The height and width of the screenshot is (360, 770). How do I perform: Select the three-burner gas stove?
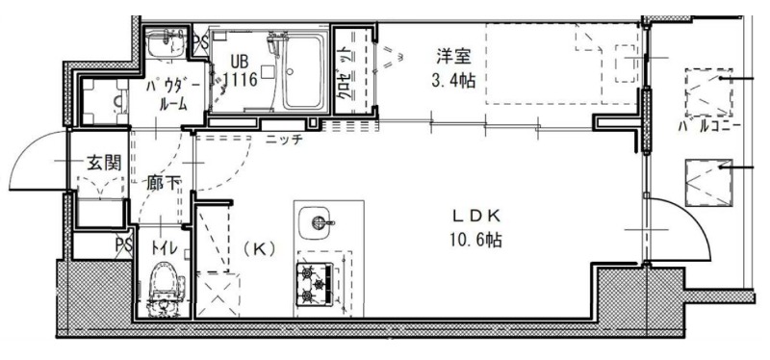pos(315,283)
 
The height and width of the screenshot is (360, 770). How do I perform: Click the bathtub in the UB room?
pos(303,72)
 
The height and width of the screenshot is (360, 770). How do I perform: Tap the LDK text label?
pos(475,216)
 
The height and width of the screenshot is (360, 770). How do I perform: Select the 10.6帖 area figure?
pos(475,240)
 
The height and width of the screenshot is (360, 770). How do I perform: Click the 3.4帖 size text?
pos(453,81)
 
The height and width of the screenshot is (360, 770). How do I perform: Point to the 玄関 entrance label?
pos(104,163)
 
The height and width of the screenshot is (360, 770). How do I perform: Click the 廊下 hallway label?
pos(164,184)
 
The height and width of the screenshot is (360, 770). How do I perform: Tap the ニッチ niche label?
pos(284,140)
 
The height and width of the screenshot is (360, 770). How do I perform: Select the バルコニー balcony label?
pos(710,127)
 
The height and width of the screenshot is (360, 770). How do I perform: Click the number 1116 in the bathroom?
pos(241,79)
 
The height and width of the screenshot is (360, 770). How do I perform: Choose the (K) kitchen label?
pos(259,249)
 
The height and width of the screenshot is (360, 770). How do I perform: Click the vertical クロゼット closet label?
pos(346,73)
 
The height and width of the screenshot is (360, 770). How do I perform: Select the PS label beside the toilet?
pos(124,244)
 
